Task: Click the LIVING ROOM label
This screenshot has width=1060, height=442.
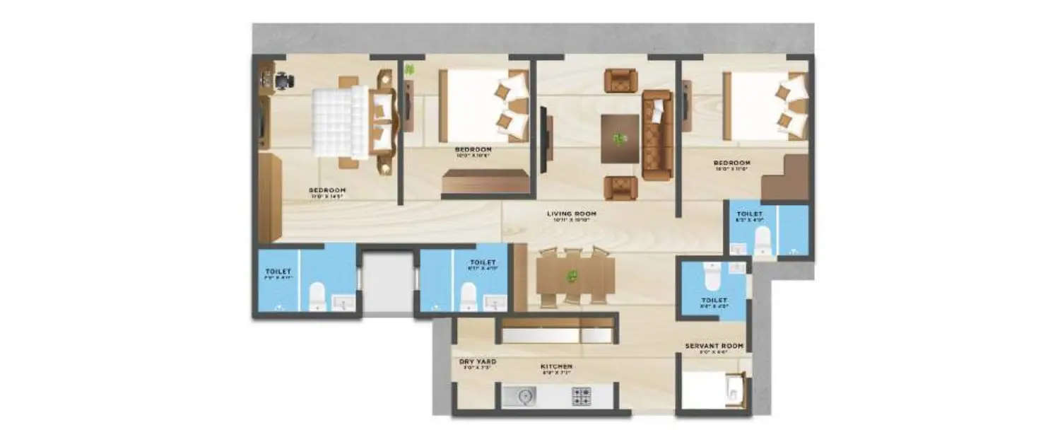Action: [x=572, y=213]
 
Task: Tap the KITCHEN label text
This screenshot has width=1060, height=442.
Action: [x=556, y=366]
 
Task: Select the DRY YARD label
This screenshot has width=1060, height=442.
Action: [x=477, y=361]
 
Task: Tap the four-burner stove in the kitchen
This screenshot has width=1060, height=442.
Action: [x=582, y=397]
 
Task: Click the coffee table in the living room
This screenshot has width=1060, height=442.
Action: [x=620, y=139]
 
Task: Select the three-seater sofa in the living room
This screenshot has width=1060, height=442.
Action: [x=657, y=134]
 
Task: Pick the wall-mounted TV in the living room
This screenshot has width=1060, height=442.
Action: [x=543, y=139]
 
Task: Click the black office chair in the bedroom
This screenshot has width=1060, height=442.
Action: [x=283, y=81]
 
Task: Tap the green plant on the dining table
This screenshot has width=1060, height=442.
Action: [x=572, y=275]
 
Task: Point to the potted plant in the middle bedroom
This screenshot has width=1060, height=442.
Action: [x=409, y=69]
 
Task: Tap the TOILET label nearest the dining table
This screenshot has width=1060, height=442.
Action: [x=478, y=262]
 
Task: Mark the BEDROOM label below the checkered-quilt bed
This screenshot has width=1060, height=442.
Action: [x=326, y=190]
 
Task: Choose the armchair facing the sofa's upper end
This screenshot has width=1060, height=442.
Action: [x=620, y=80]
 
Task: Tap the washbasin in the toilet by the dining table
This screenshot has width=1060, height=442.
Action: [x=494, y=303]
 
